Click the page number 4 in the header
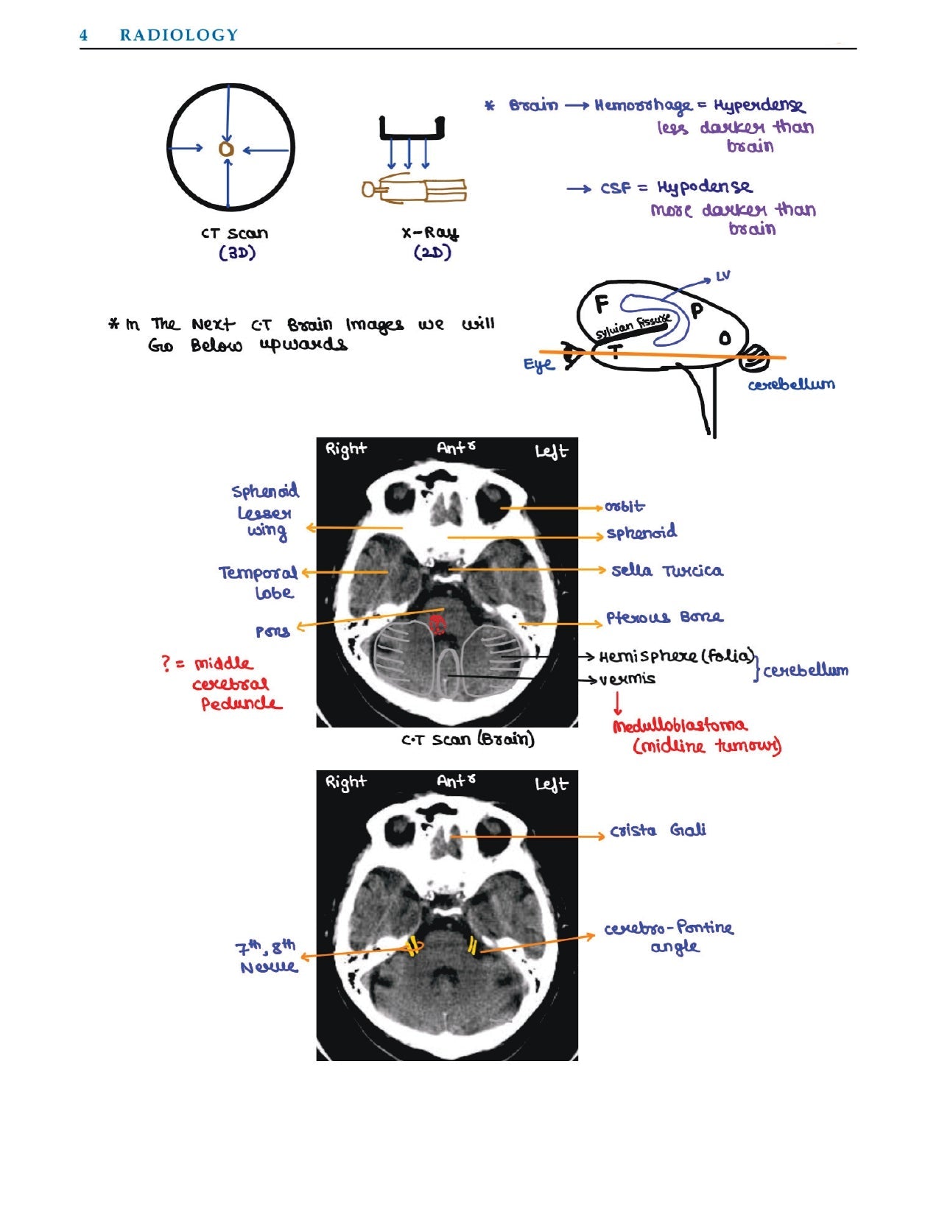pos(84,35)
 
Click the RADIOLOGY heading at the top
pos(179,35)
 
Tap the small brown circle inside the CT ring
pos(227,149)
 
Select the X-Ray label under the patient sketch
pos(430,233)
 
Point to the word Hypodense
pos(705,188)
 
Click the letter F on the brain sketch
pos(602,303)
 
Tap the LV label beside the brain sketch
pos(722,276)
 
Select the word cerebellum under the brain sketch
pos(792,384)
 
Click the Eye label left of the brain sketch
pos(538,365)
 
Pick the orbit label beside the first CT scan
pos(624,507)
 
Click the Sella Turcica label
pos(667,571)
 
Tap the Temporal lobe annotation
pos(258,582)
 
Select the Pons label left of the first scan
pos(272,631)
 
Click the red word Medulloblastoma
pos(679,725)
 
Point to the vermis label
pos(627,679)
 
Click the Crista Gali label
pos(658,831)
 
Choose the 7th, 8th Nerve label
pos(267,956)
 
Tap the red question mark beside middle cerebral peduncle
pos(166,663)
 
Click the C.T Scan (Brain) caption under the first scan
pos(468,739)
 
